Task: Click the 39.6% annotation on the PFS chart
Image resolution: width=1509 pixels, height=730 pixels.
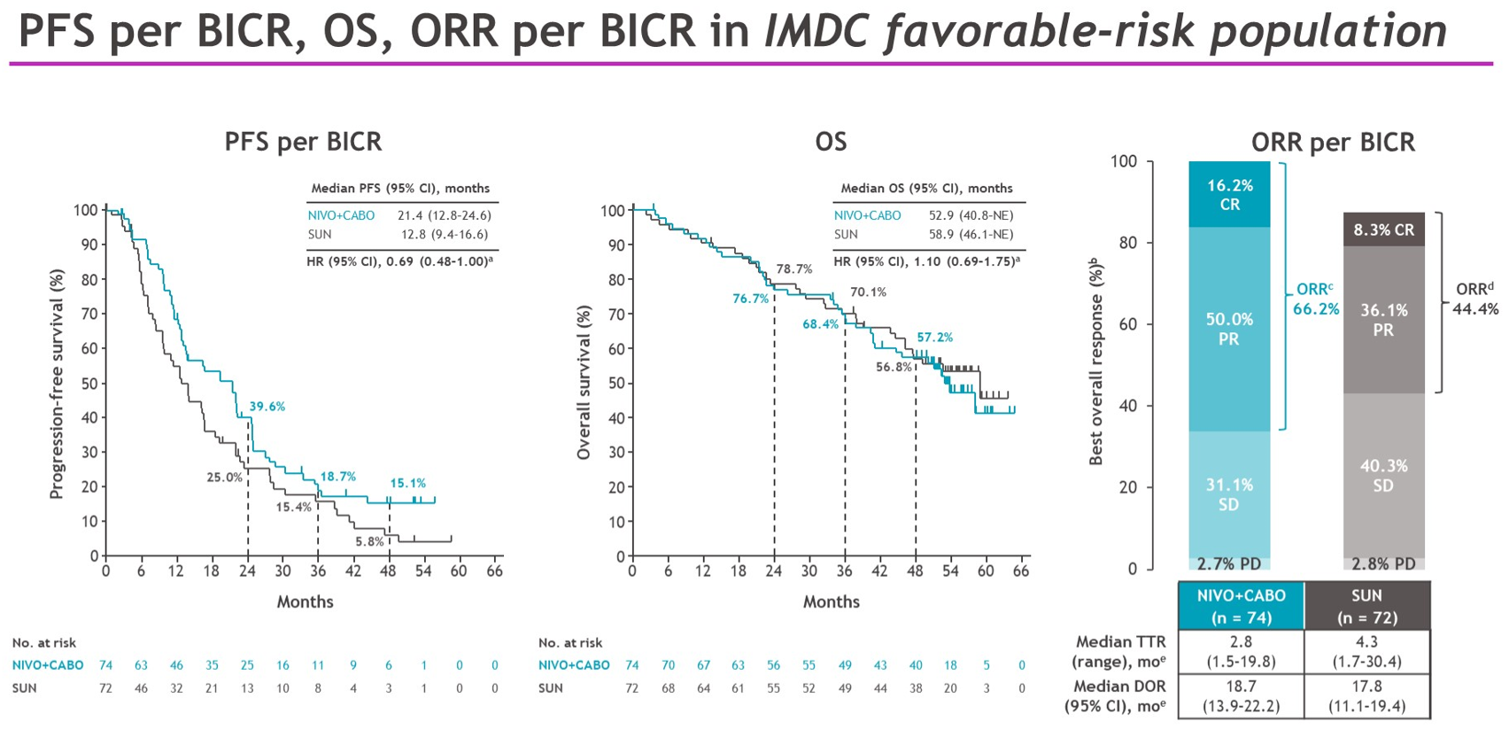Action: pos(267,407)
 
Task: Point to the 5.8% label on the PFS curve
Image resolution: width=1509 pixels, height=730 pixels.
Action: pos(370,541)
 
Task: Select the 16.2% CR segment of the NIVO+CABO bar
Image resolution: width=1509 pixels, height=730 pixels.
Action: pos(1229,195)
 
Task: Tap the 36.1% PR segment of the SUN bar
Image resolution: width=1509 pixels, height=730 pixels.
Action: pos(1383,320)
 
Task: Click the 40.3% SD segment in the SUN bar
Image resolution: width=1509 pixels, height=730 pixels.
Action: pos(1383,475)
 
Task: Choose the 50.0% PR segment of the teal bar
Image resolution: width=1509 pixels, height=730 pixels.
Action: pos(1229,329)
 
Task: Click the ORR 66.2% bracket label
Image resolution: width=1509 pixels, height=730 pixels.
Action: pos(1315,299)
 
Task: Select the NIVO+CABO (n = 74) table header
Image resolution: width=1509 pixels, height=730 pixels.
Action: pos(1241,606)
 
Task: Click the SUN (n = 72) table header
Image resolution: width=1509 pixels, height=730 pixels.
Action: pos(1367,606)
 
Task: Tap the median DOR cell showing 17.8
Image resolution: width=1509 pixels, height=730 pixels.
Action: pos(1367,696)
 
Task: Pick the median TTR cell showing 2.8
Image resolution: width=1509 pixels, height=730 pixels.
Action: pos(1241,651)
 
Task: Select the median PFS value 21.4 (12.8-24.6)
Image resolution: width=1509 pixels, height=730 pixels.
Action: pos(445,215)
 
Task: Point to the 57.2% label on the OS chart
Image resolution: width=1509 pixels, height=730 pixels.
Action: pos(934,338)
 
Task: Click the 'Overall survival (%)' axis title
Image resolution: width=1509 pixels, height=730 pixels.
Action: pos(584,383)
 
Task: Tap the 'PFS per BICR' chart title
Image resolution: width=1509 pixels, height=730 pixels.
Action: pos(303,142)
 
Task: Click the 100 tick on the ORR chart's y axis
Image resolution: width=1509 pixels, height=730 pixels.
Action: pos(1124,161)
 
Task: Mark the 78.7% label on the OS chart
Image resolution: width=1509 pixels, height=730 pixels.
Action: pos(794,269)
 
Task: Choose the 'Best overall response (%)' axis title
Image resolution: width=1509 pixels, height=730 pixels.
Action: pos(1097,361)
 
